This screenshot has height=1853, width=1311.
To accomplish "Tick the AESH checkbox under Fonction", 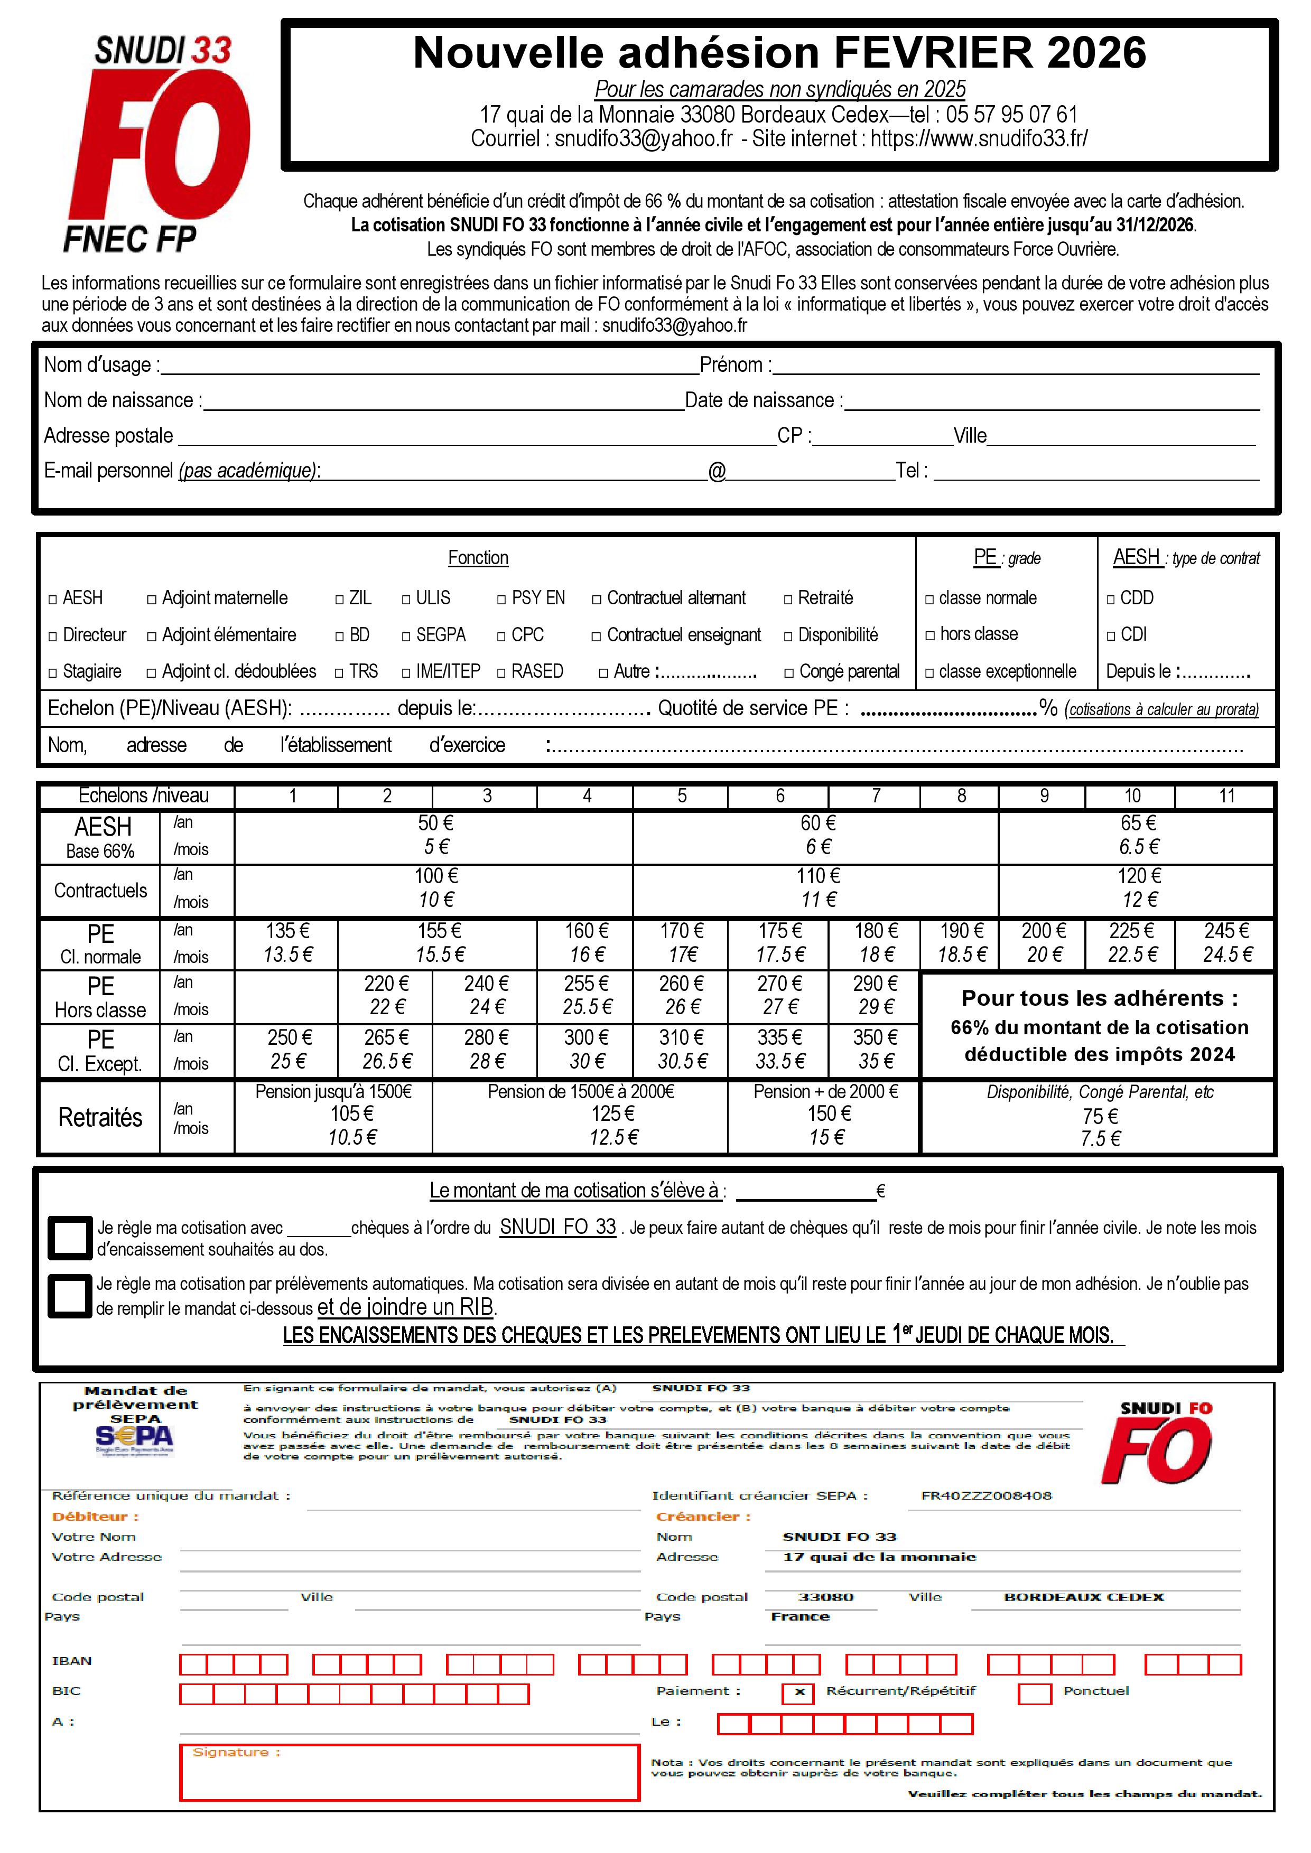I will [x=53, y=600].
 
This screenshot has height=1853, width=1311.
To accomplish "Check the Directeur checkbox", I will [x=53, y=637].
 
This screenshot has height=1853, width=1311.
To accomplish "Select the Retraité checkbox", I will [x=789, y=600].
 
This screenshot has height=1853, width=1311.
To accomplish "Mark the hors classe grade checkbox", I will [x=930, y=636].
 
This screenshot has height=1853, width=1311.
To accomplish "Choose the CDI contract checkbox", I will [x=1112, y=636].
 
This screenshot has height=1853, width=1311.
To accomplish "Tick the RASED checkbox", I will [x=502, y=673].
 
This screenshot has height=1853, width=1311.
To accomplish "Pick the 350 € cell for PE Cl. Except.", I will [x=875, y=1049].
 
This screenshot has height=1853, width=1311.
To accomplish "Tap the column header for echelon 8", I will [x=961, y=796].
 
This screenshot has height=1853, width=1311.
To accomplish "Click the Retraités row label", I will [x=100, y=1117].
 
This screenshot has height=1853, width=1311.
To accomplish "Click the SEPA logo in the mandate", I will [x=134, y=1437].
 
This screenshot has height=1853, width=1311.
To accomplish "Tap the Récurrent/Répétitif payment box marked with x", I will [x=798, y=1692].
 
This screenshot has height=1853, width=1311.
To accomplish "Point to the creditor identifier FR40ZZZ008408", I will [x=987, y=1495].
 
